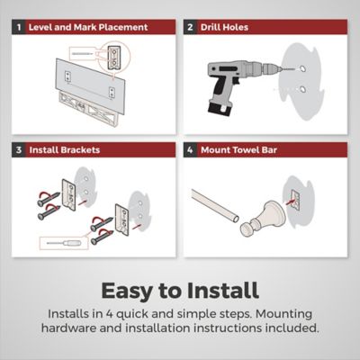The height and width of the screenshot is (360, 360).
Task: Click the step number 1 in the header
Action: [19, 27]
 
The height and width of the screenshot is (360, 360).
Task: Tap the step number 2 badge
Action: [190, 27]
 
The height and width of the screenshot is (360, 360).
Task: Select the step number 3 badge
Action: [19, 149]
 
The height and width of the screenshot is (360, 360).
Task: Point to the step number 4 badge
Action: [190, 149]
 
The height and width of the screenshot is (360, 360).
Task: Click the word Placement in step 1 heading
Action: [123, 27]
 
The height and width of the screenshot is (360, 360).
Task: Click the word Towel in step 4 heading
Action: [246, 149]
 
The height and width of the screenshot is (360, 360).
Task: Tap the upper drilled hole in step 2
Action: [302, 68]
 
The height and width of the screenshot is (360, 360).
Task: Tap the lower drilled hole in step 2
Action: [302, 89]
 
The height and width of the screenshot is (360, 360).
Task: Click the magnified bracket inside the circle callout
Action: [114, 58]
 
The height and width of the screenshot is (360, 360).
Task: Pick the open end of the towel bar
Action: [236, 218]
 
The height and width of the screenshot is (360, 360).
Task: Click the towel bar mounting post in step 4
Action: [257, 219]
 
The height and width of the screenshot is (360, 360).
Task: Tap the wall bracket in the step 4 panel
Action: [294, 201]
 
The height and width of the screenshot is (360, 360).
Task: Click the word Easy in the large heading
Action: [126, 291]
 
